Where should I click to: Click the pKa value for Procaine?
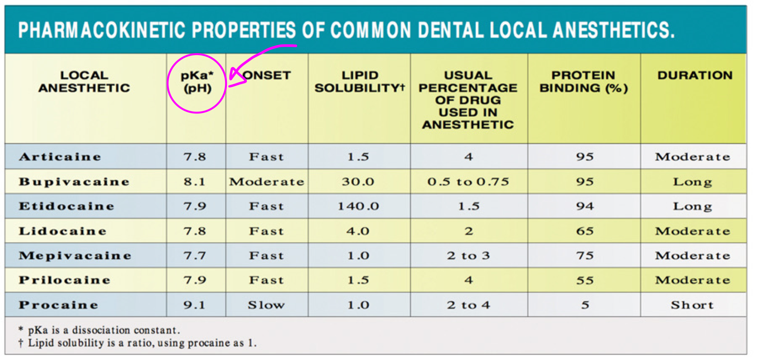[195, 305]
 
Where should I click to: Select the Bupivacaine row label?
[74, 182]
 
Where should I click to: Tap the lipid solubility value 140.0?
[358, 206]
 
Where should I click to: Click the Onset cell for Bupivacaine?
[266, 182]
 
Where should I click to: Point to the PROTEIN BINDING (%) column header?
[583, 82]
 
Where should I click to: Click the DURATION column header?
[695, 75]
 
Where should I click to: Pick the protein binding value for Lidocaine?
[584, 231]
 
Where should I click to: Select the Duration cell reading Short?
[692, 305]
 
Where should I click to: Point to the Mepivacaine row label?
[75, 255]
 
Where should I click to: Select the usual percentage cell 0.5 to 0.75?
[468, 182]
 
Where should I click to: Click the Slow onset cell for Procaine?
[266, 305]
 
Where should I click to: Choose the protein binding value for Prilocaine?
[584, 280]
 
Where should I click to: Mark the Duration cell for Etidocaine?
[692, 206]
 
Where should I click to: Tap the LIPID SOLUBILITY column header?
[359, 82]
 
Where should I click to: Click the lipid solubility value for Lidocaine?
[358, 231]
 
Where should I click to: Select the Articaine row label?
[60, 157]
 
